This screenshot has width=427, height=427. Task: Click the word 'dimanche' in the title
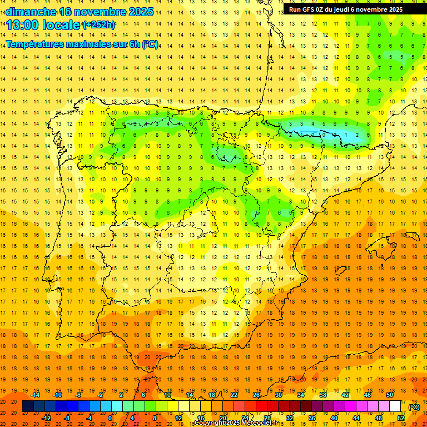coord(31,12)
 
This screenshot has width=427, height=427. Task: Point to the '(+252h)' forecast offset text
coord(99,25)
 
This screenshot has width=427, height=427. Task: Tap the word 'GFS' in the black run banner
coord(308,9)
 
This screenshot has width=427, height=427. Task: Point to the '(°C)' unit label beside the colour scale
coord(414,407)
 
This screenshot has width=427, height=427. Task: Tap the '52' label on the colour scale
coord(401,418)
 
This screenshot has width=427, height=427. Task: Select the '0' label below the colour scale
coord(110,418)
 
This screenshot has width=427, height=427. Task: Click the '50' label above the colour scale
coord(390,395)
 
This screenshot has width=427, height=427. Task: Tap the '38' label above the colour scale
coord(322,395)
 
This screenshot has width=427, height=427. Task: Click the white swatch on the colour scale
coord(395,406)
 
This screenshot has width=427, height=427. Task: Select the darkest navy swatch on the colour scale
coord(28,406)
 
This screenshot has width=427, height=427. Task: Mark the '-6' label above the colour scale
coord(78,395)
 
